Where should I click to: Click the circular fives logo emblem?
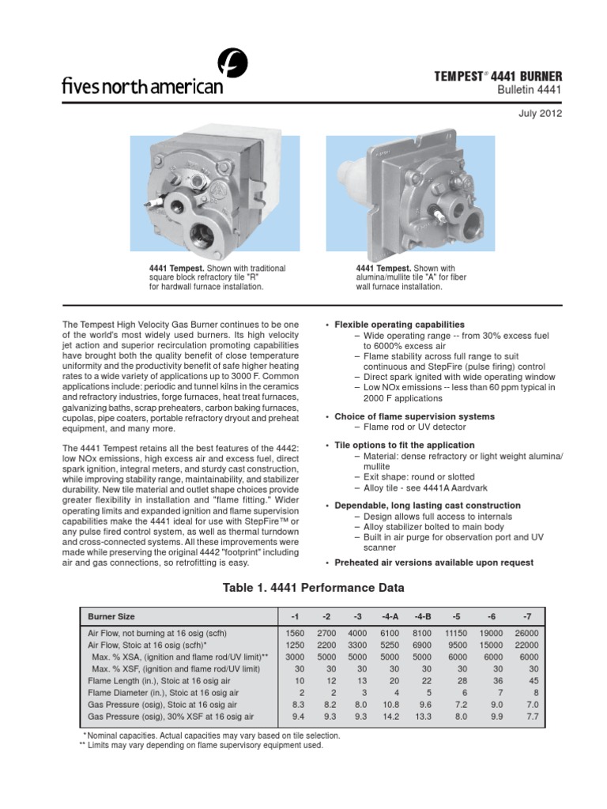coord(233,62)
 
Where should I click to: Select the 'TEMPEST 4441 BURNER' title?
coord(500,77)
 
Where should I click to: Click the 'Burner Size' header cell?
coord(111,615)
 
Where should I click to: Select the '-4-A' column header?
coord(390,615)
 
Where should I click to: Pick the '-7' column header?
coord(527,615)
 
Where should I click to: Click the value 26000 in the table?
coord(527,634)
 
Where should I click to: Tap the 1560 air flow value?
coord(294,634)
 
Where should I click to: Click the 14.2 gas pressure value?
coord(390,717)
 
